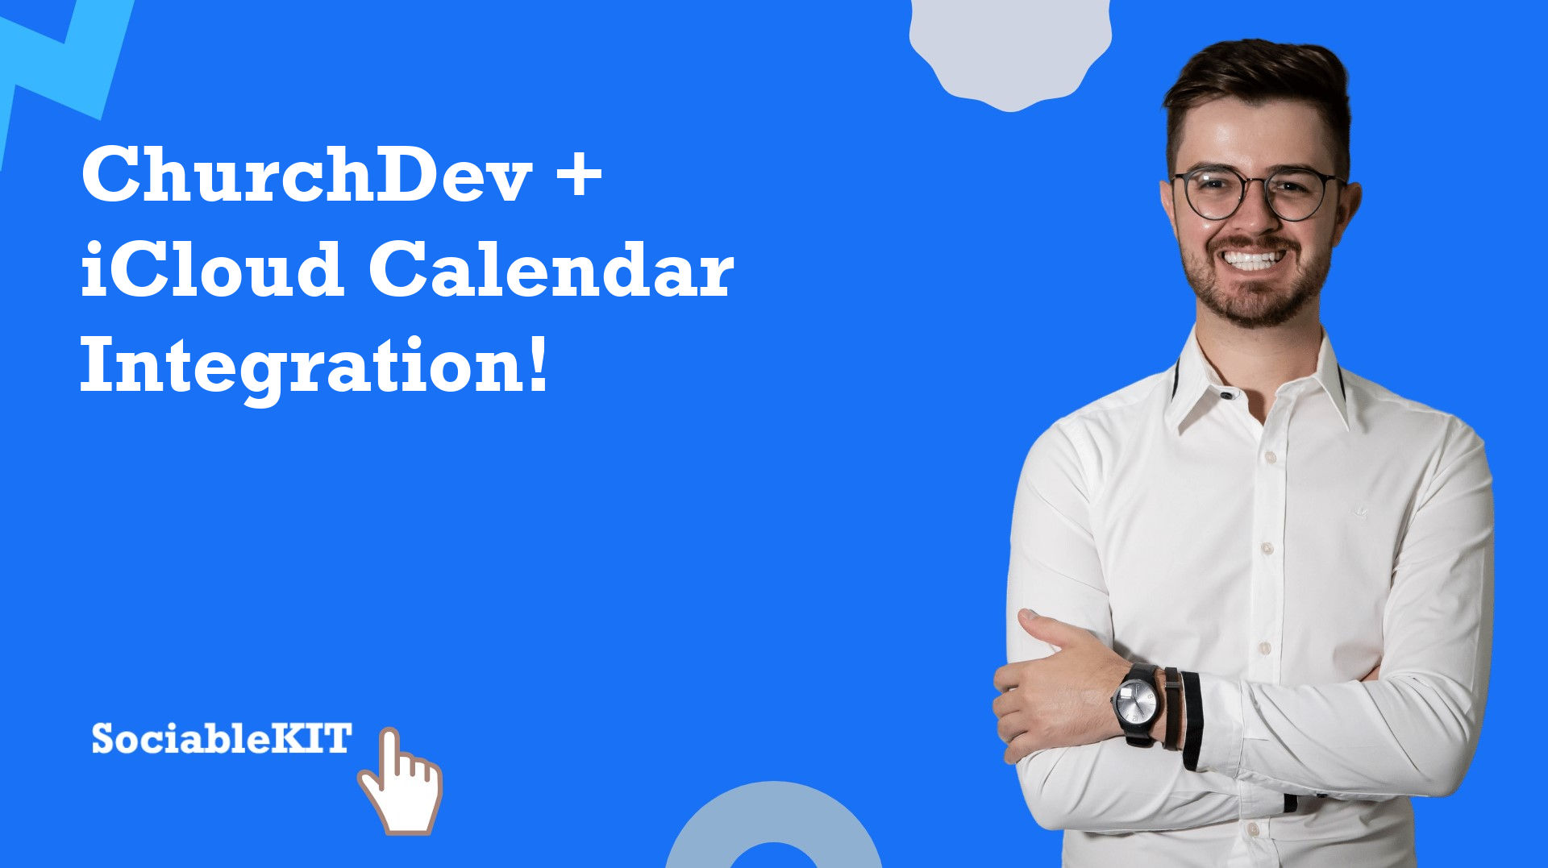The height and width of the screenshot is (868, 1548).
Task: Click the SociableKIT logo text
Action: tap(222, 737)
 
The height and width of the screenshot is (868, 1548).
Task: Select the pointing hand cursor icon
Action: tap(402, 782)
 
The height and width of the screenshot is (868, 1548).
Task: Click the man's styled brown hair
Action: tap(1258, 89)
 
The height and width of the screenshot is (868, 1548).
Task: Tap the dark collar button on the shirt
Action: tap(1226, 395)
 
